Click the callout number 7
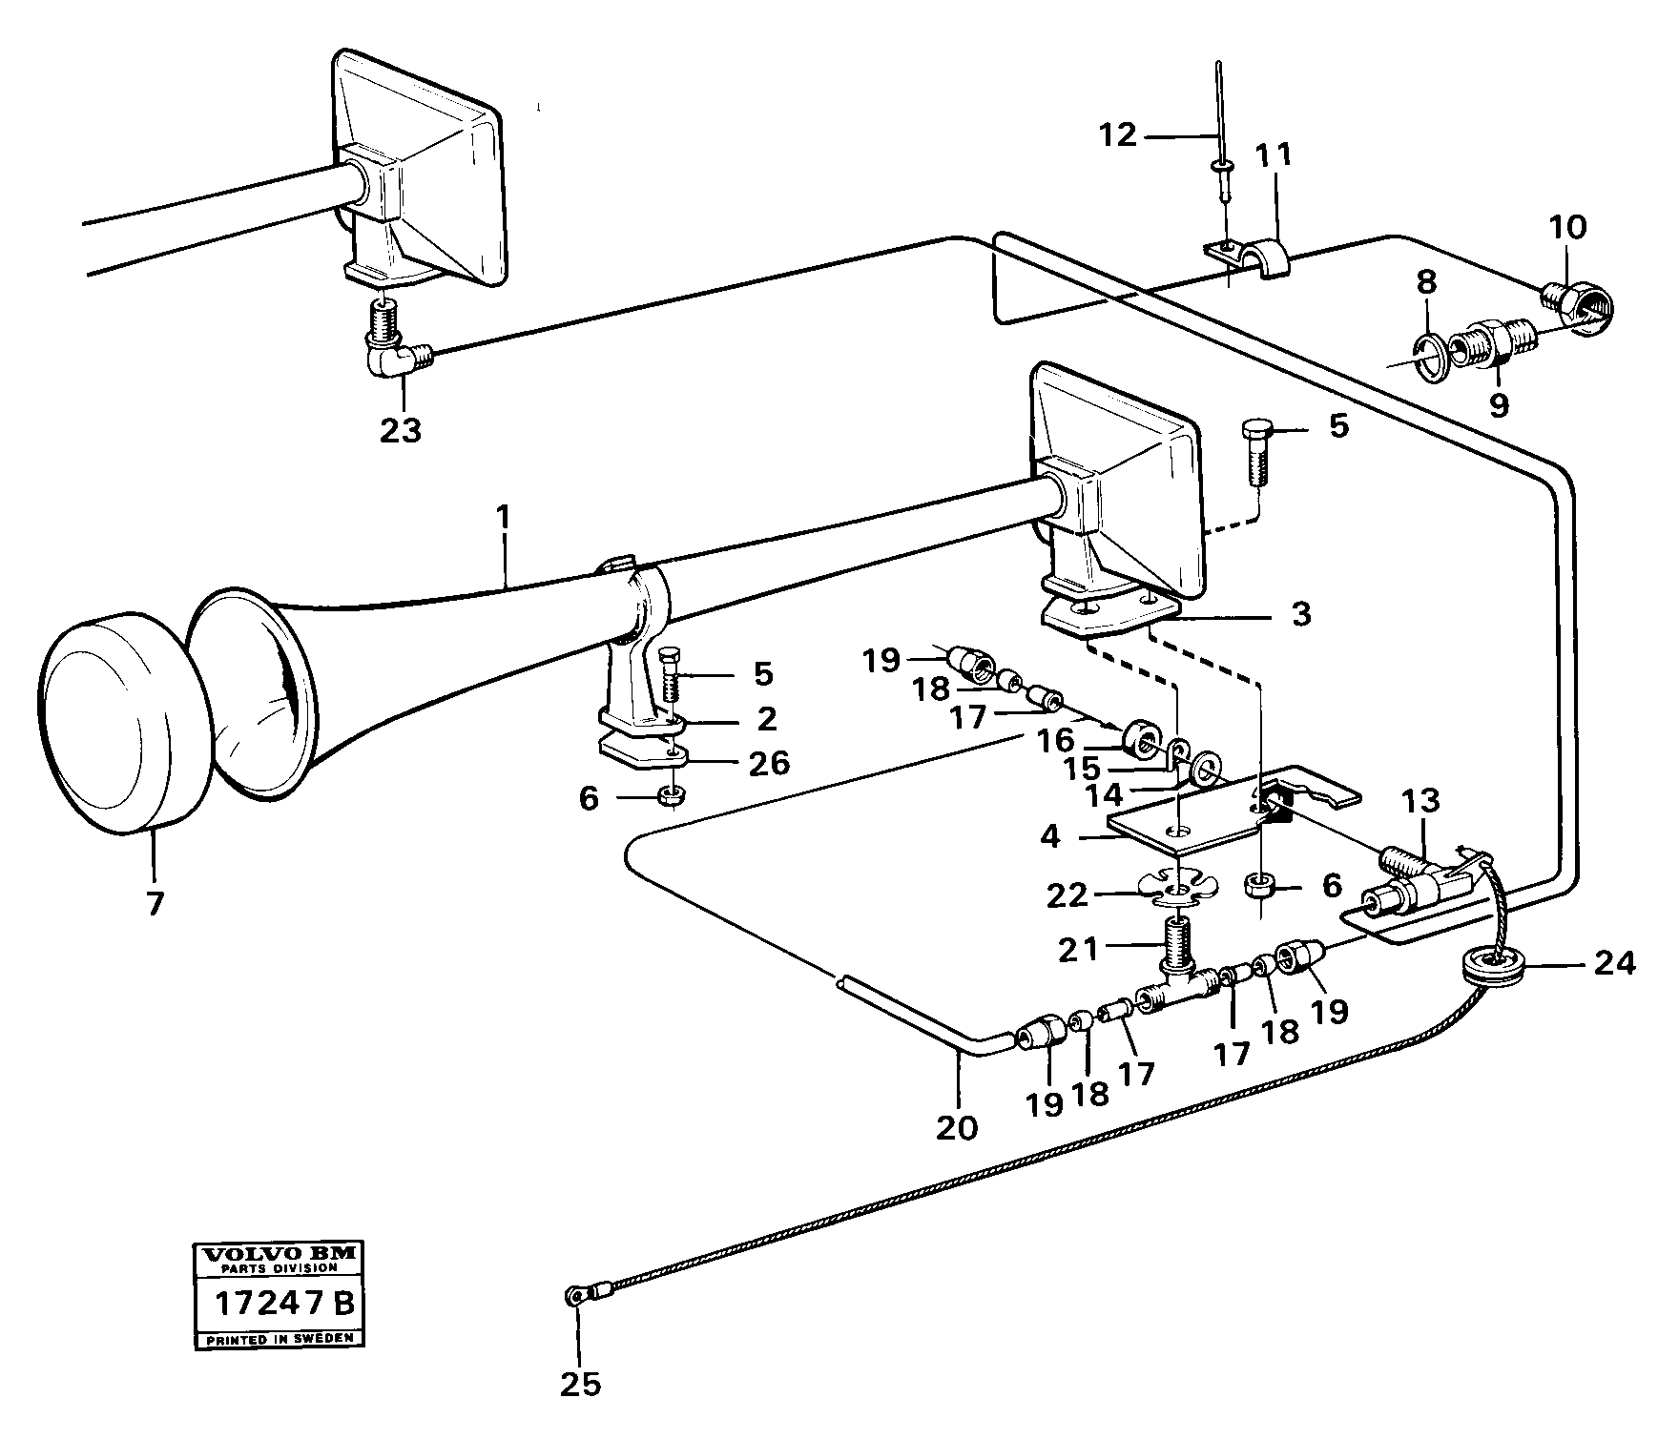coord(155,902)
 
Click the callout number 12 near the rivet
coord(1117,135)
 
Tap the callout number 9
coord(1499,404)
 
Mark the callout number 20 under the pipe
coord(957,1127)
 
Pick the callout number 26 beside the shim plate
coord(769,763)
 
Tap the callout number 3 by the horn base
coord(1300,613)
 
